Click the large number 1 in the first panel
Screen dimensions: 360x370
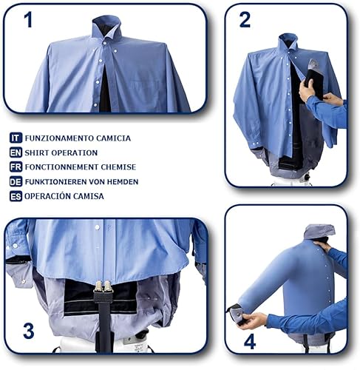29,20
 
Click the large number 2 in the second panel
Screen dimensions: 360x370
245,20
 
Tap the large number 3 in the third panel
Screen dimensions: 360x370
28,331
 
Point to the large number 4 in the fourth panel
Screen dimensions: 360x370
250,342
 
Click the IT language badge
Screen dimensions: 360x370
16,138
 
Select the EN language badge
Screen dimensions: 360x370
16,152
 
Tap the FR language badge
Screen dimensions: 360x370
16,167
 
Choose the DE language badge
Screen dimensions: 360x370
16,182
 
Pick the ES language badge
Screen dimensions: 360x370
16,196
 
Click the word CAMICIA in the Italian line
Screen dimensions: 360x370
113,138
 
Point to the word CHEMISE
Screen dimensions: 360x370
118,167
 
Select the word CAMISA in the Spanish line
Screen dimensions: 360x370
89,196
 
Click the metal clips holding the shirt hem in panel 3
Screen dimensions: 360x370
103,286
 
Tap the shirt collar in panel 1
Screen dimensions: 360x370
106,27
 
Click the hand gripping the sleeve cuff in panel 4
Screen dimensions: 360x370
252,320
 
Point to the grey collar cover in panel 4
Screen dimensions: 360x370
319,231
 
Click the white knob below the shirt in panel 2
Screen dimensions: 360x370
307,178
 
